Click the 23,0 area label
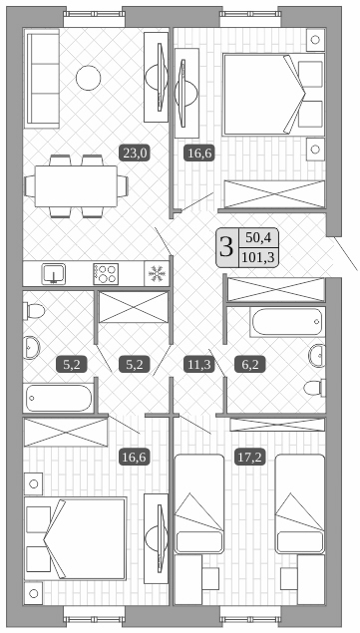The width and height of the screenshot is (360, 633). [x=135, y=153]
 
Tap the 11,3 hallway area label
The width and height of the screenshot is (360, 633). [x=198, y=365]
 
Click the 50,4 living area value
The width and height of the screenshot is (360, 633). [x=257, y=237]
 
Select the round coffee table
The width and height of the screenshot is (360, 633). [x=90, y=77]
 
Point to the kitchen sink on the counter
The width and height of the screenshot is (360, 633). [x=53, y=273]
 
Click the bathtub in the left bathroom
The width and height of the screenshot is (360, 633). [x=58, y=398]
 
